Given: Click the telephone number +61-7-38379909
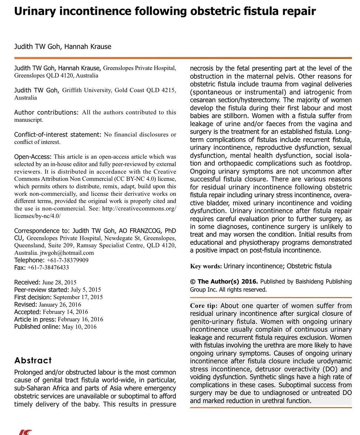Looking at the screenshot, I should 67,260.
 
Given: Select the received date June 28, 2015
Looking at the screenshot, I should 59,282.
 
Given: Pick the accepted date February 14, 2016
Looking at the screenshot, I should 65,312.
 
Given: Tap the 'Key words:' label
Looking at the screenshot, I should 206,266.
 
